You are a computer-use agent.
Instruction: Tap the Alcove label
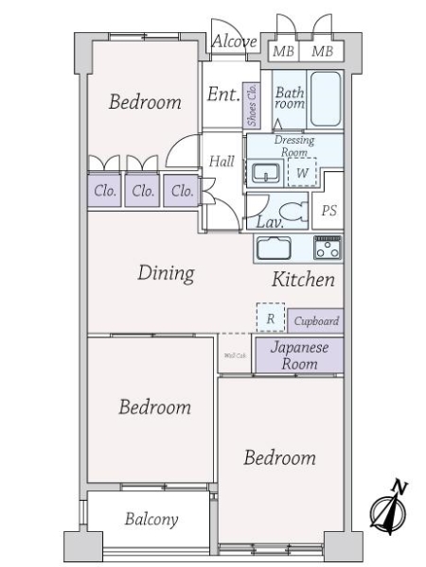[234, 42]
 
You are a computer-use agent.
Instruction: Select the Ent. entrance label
[222, 94]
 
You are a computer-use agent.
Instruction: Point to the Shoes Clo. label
[252, 104]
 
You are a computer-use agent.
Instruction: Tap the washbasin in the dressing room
[265, 173]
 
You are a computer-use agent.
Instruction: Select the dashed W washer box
[302, 173]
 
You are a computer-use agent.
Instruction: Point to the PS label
[328, 211]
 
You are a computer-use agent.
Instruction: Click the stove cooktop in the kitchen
[328, 249]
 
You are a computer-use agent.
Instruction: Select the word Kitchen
[304, 280]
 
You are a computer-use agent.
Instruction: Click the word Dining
[166, 274]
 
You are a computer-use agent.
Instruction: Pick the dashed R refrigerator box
[270, 318]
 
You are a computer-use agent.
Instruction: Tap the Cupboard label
[315, 321]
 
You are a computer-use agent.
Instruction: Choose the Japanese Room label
[299, 355]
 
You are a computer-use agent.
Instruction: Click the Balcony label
[151, 520]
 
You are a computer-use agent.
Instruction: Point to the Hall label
[222, 162]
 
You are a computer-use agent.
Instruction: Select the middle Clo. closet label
[143, 191]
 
